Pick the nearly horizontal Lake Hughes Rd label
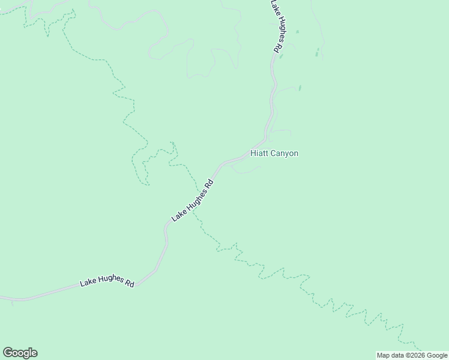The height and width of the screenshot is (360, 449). (x=107, y=281)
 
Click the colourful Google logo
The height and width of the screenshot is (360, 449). (x=20, y=353)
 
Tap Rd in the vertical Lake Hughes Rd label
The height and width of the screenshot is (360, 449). (x=276, y=48)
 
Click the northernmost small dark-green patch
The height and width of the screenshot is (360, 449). (x=297, y=31)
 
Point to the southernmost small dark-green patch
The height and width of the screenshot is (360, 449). (x=300, y=88)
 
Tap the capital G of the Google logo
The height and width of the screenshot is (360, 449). (x=7, y=353)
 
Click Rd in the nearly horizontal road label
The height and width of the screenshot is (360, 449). (x=129, y=284)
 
